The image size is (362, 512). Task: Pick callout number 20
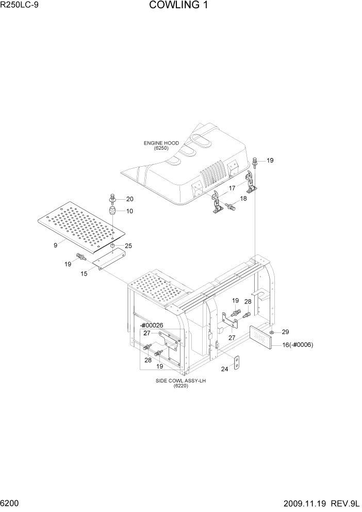tap(129, 199)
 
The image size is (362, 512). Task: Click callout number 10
tap(129, 211)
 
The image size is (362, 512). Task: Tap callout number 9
tap(55, 245)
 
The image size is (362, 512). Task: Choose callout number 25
tap(128, 246)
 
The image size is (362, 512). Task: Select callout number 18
tap(243, 198)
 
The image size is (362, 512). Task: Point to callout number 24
tap(224, 369)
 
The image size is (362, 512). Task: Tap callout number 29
tap(285, 331)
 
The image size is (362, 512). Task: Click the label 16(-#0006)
tap(298, 345)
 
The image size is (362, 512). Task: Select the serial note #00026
tap(152, 325)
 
